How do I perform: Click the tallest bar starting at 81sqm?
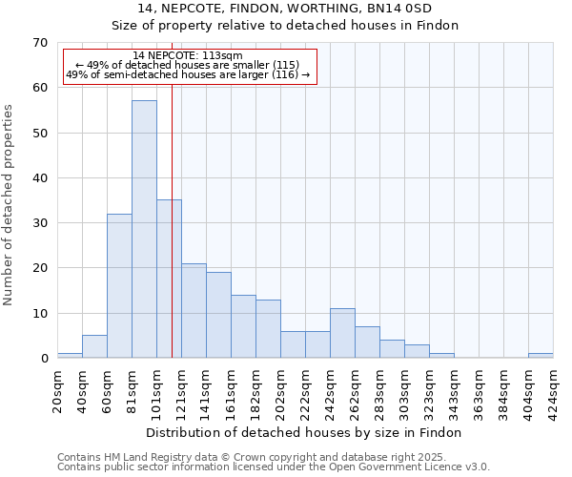(144, 229)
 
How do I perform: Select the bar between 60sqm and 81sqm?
(119, 286)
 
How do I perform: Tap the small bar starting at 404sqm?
(541, 356)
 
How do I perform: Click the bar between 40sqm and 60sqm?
(94, 347)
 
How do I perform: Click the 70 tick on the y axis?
(40, 43)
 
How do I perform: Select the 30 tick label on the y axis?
(40, 223)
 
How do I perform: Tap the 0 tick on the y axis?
(44, 359)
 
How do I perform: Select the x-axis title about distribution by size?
(304, 432)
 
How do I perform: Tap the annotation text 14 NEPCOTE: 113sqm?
(188, 55)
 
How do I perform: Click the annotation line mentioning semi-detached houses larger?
(188, 74)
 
